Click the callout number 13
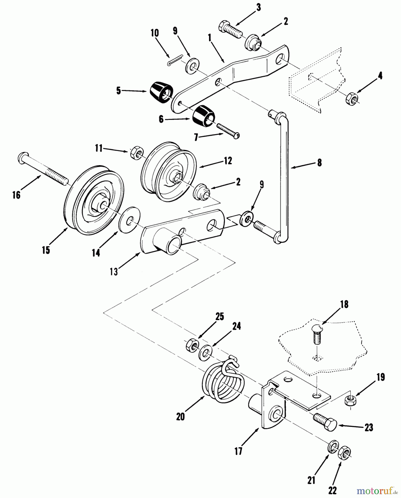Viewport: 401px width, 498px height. point(114,272)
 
